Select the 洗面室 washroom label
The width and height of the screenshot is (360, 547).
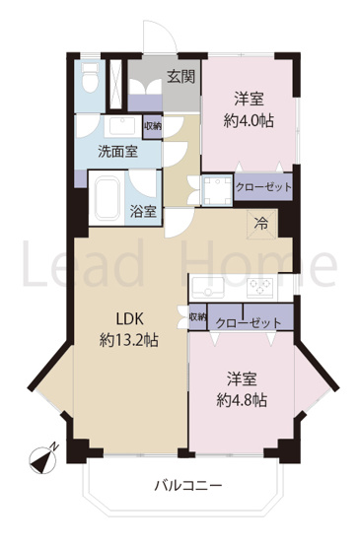116,153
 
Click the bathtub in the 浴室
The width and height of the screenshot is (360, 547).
108,201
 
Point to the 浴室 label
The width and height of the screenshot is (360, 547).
144,210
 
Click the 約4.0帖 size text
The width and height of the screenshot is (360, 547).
249,121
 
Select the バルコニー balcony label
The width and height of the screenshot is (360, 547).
187,485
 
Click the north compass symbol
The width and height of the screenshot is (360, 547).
43,456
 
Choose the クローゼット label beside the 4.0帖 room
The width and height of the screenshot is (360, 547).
263,187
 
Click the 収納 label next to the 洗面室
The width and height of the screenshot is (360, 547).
152,125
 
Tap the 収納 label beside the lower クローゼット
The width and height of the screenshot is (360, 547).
197,318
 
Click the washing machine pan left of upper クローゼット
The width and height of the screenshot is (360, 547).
216,189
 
